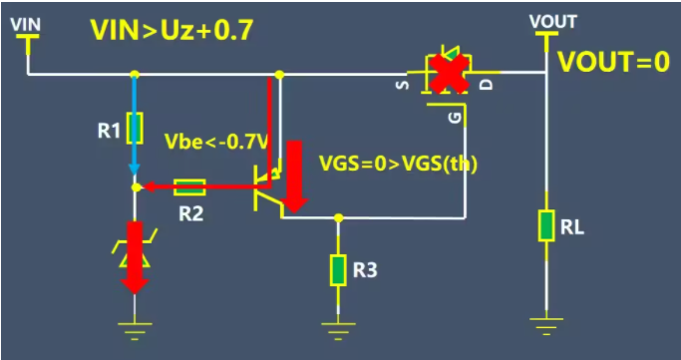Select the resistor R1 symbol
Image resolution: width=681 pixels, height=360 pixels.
137,128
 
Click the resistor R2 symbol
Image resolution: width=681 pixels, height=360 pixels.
190,186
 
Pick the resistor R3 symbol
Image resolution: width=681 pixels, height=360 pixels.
338,269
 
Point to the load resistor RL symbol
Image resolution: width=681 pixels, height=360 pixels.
545,225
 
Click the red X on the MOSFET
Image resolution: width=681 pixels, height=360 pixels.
450,74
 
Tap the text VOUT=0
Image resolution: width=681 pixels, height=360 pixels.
613,62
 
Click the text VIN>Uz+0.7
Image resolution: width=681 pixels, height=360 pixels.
171,30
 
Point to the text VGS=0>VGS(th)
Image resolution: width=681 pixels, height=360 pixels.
397,164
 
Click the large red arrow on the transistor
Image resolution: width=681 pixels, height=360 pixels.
296,178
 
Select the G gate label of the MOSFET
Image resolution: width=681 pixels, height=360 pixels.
456,118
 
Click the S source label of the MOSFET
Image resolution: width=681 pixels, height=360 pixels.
403,84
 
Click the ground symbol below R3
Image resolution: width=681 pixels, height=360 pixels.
338,325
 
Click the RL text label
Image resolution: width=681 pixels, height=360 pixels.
572,227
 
